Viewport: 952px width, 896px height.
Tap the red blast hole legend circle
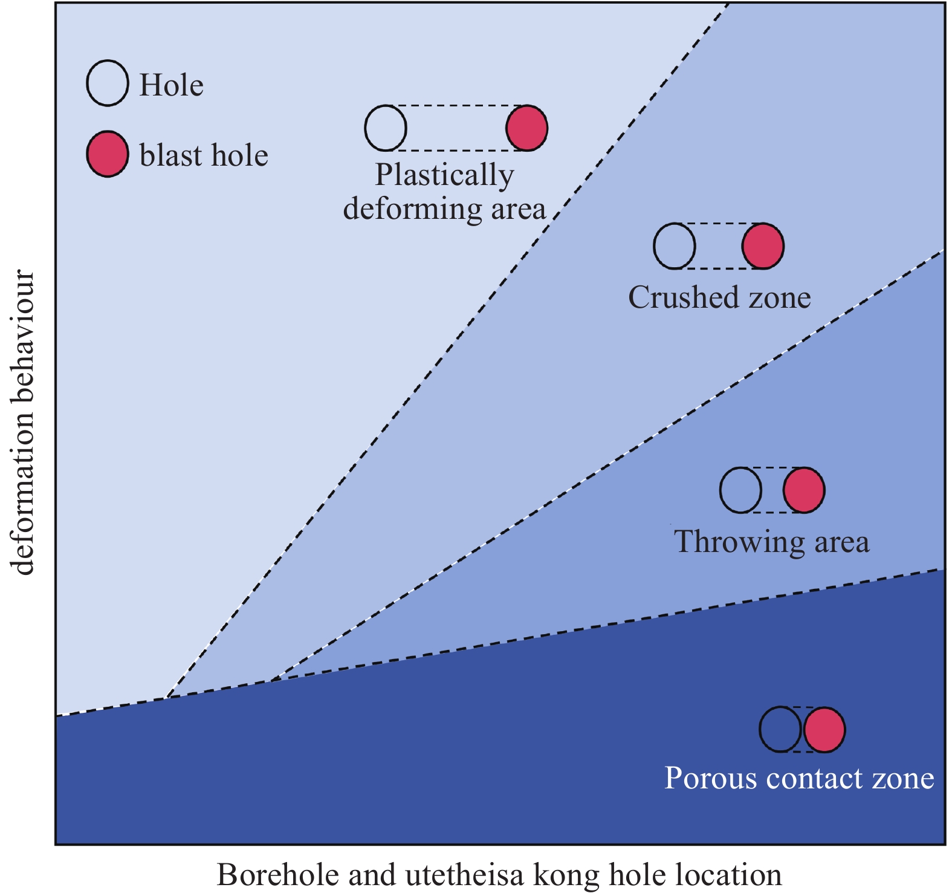coord(108,154)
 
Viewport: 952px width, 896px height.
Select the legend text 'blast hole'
coord(204,155)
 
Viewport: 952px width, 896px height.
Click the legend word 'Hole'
coord(171,85)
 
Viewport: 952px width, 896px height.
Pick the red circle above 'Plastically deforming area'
coord(527,128)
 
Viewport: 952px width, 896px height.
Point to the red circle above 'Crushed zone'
coord(763,245)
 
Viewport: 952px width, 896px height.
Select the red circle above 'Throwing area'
coord(804,490)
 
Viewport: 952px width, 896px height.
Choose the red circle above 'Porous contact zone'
coord(824,730)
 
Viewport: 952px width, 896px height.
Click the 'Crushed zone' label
coord(719,297)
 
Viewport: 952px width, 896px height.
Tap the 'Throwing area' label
coord(772,542)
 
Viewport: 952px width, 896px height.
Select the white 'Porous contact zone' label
coord(799,778)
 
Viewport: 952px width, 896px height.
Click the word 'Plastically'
coord(445,176)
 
